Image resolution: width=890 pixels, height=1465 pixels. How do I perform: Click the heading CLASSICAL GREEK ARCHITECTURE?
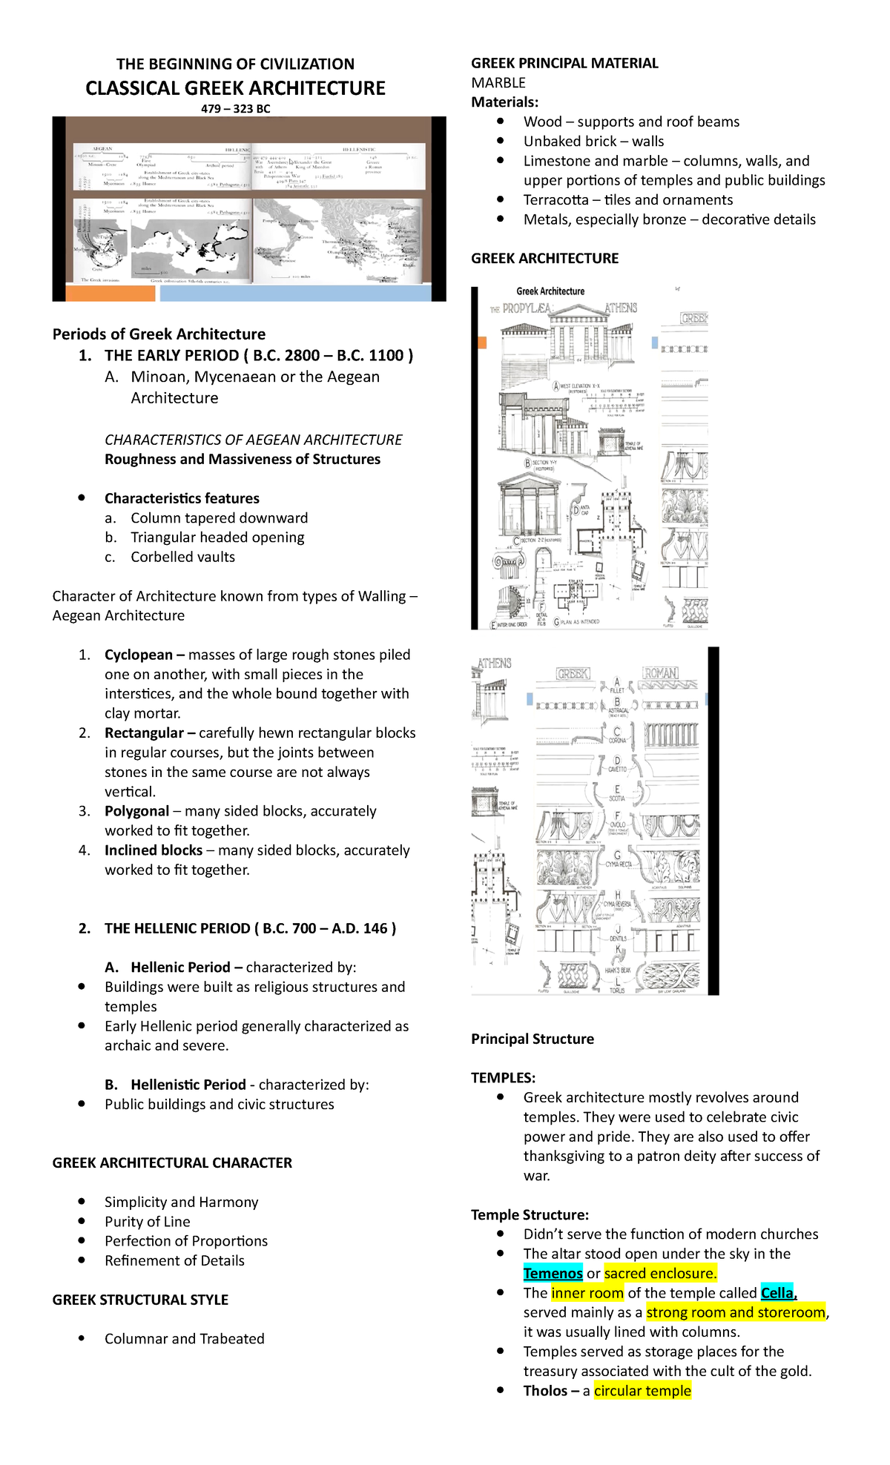click(235, 88)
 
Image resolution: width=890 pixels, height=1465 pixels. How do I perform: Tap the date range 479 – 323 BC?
click(235, 109)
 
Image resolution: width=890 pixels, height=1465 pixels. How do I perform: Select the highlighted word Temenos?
click(553, 1273)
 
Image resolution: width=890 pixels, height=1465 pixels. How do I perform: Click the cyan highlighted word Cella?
click(777, 1292)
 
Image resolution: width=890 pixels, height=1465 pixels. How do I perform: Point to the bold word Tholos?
click(545, 1390)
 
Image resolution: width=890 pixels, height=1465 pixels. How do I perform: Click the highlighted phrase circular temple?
click(642, 1390)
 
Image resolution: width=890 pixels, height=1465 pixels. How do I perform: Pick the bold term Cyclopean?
click(139, 655)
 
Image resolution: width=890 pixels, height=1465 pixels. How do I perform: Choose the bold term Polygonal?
click(136, 811)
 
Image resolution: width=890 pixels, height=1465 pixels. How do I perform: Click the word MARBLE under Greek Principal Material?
click(498, 82)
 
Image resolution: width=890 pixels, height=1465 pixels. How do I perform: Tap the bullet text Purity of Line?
click(147, 1221)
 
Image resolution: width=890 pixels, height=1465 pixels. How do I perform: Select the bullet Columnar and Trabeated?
click(184, 1338)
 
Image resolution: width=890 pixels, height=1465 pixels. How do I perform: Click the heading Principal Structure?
click(532, 1039)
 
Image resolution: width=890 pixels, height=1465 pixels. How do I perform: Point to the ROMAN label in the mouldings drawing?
click(659, 673)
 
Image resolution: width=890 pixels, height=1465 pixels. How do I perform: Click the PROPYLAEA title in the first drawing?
click(526, 308)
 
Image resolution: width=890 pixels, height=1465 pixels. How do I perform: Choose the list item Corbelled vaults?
click(182, 557)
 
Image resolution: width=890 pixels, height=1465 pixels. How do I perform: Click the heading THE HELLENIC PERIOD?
click(250, 928)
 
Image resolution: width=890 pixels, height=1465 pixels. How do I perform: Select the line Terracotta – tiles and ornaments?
click(627, 199)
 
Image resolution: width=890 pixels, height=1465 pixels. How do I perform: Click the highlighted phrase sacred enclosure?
click(660, 1273)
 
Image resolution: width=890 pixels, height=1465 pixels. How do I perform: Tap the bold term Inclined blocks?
click(153, 850)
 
